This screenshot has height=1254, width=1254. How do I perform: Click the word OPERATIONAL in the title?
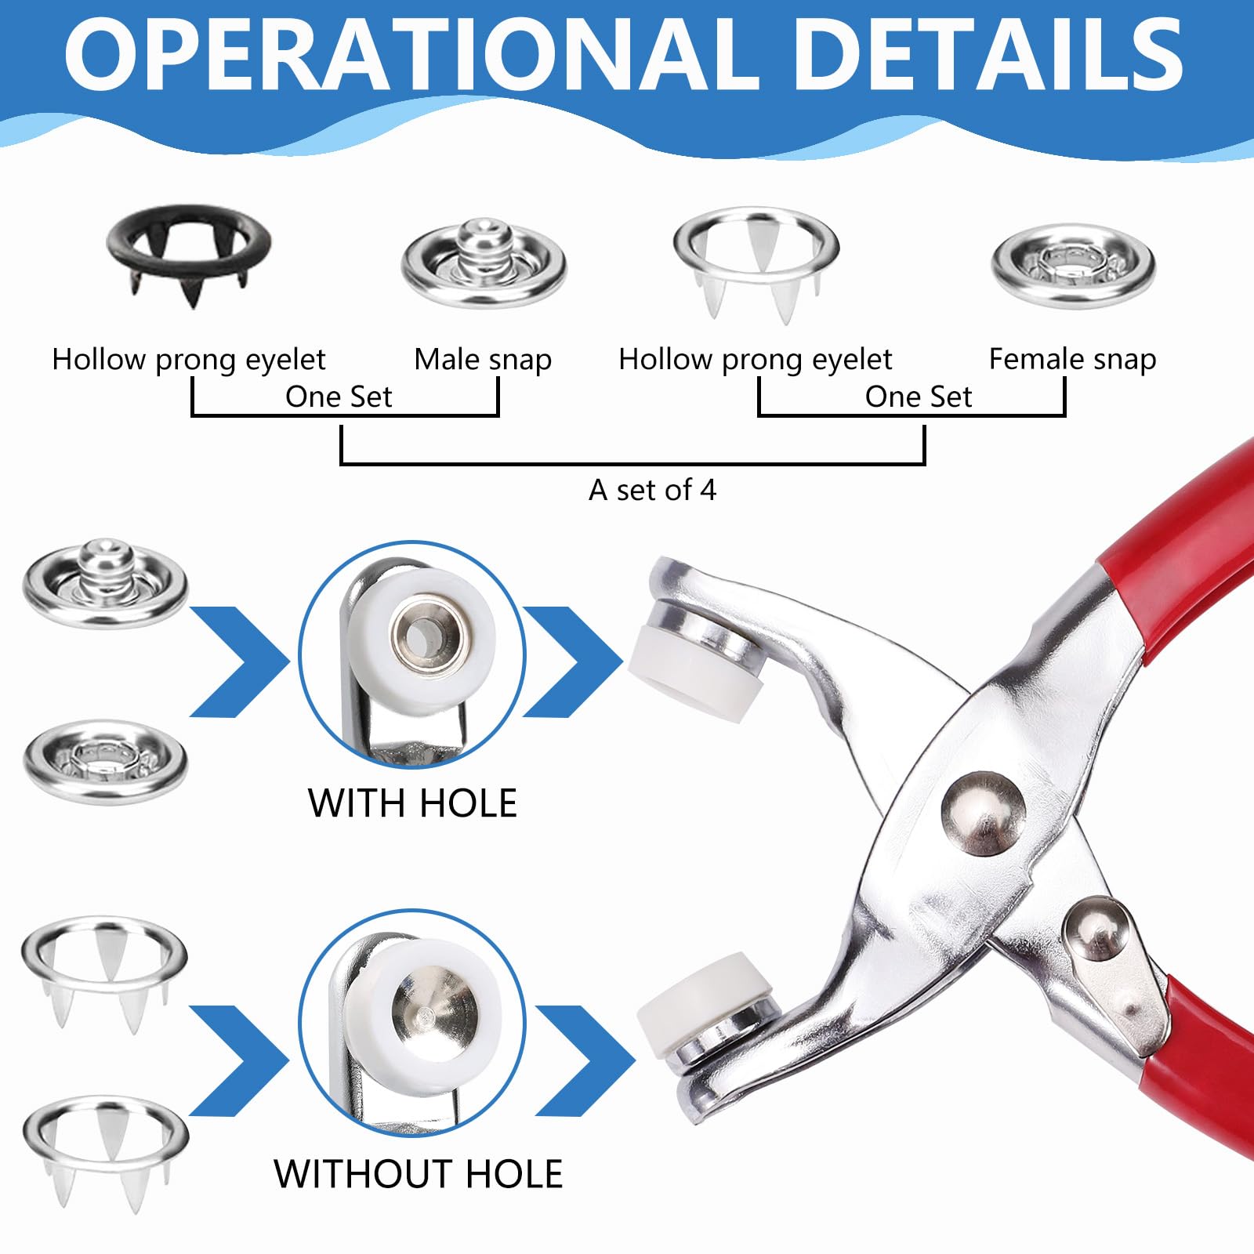coord(413,56)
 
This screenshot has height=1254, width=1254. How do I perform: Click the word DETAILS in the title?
coord(993,56)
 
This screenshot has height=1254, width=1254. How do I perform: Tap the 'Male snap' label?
coord(483,360)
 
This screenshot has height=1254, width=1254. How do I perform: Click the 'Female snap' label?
coord(1072,360)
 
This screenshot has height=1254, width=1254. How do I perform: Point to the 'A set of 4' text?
coord(652,490)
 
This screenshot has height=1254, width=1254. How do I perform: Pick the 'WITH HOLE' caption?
coord(413,803)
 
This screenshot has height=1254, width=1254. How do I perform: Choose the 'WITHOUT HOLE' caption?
coord(419,1174)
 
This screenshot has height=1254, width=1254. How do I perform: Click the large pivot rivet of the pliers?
coord(983,812)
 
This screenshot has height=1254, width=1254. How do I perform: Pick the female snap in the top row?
coord(1073,266)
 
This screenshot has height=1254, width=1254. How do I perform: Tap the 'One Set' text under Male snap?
coord(339,397)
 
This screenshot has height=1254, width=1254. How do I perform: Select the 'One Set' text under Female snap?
coord(918,397)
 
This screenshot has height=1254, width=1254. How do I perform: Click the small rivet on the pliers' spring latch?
coord(1098,930)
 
